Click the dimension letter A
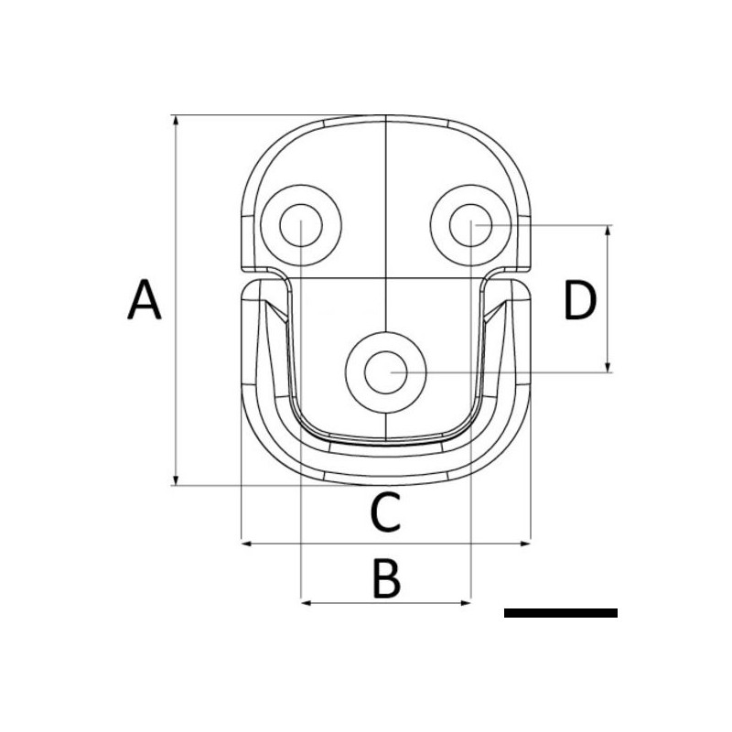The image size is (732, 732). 145,301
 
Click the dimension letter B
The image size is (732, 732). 386,579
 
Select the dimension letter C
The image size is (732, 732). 385,512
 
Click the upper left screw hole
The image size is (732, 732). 300,223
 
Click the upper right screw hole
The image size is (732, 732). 469,223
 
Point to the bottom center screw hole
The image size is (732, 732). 386,371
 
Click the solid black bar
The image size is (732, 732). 560,613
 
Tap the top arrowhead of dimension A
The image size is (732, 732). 174,120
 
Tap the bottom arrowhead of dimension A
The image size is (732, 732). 174,481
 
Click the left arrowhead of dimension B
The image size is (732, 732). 306,602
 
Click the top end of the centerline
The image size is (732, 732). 386,117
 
